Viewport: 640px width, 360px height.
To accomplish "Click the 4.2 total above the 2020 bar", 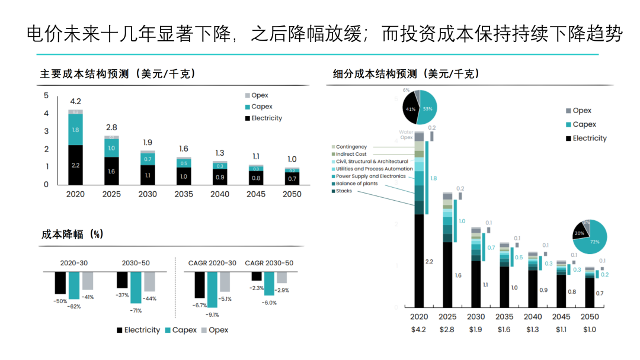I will [x=75, y=101].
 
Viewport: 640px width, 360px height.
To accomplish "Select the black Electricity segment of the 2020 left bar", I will [x=75, y=165].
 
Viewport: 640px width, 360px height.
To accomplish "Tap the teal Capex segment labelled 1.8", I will [x=75, y=130].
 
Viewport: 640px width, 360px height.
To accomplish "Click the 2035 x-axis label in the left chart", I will [x=184, y=194].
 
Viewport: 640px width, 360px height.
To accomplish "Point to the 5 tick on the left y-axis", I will [x=46, y=95].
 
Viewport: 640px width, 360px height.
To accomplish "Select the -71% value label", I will [x=136, y=310].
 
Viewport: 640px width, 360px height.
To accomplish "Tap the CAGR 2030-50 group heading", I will [x=269, y=263].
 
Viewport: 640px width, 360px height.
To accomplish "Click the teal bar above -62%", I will [x=74, y=285].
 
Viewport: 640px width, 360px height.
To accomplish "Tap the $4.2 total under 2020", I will [x=418, y=329].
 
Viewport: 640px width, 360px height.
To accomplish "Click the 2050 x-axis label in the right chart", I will [x=589, y=317].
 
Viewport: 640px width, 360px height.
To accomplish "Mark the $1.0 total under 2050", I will [x=589, y=329].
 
